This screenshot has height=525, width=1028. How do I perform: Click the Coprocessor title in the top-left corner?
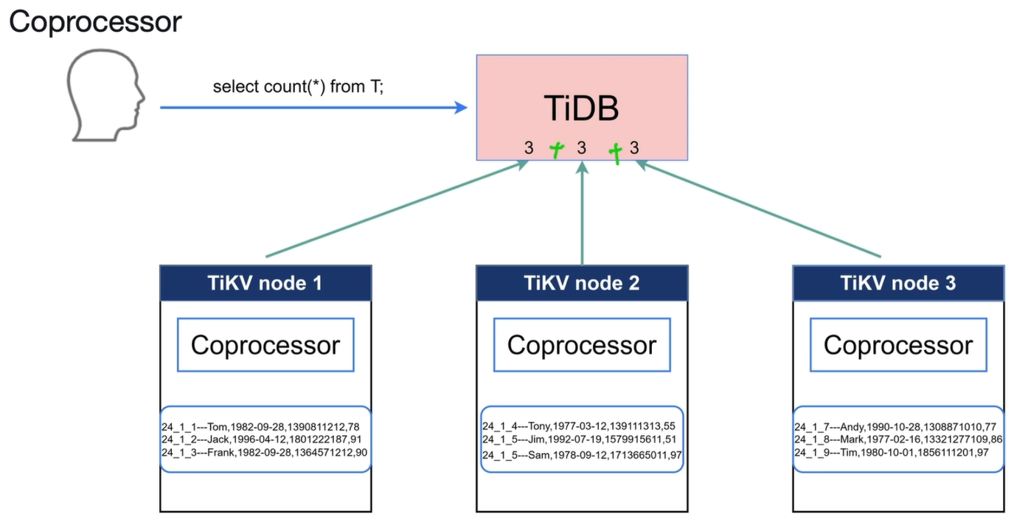pyautogui.click(x=95, y=21)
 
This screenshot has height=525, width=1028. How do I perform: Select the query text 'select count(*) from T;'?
pyautogui.click(x=299, y=86)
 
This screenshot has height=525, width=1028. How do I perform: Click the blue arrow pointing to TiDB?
pyautogui.click(x=313, y=108)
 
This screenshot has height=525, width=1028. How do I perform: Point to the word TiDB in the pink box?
pyautogui.click(x=581, y=108)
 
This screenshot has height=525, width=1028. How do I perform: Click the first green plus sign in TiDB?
pyautogui.click(x=557, y=150)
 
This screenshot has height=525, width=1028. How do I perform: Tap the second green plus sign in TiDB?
pyautogui.click(x=616, y=153)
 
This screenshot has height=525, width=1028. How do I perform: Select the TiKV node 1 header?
pyautogui.click(x=265, y=283)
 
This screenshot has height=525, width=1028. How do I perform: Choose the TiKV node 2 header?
pyautogui.click(x=582, y=283)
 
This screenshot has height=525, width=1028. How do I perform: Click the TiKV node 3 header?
pyautogui.click(x=898, y=283)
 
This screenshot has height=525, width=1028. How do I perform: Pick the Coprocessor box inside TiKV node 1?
pyautogui.click(x=265, y=344)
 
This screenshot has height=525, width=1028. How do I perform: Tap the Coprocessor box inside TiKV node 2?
pyautogui.click(x=582, y=344)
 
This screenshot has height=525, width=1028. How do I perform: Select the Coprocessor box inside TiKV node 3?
pyautogui.click(x=898, y=344)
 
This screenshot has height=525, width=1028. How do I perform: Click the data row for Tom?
pyautogui.click(x=260, y=427)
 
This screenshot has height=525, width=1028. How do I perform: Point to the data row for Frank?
pyautogui.click(x=264, y=453)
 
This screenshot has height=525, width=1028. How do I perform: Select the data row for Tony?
pyautogui.click(x=579, y=426)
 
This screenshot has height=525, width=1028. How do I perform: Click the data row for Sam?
pyautogui.click(x=582, y=455)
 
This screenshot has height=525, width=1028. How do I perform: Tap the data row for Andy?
pyautogui.click(x=895, y=427)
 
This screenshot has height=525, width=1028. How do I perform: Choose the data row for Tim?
pyautogui.click(x=892, y=453)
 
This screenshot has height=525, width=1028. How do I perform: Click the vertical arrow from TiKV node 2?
pyautogui.click(x=582, y=213)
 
